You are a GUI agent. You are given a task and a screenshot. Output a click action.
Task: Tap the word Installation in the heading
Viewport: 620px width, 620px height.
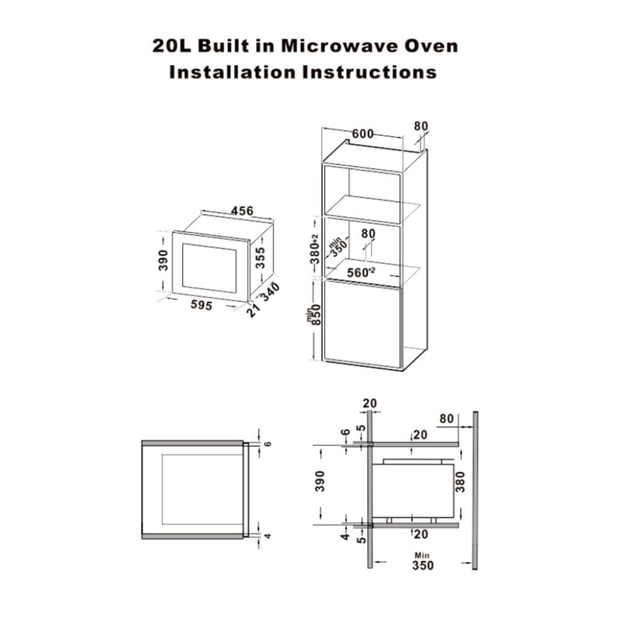click(x=232, y=73)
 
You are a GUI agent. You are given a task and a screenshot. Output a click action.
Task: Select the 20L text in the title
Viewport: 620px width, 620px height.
click(x=172, y=46)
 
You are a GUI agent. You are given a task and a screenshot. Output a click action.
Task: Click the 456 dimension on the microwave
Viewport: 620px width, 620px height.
click(x=242, y=211)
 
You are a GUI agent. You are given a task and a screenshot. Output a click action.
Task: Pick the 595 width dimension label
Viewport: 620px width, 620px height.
click(x=201, y=305)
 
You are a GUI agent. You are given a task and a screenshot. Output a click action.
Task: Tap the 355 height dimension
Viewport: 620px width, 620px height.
click(x=260, y=257)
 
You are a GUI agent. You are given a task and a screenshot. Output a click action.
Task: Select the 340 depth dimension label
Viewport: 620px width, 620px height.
click(x=270, y=292)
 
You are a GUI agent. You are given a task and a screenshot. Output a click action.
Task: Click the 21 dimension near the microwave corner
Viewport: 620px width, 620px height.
click(x=253, y=310)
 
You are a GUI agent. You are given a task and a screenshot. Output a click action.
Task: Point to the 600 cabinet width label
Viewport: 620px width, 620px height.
click(x=363, y=134)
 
